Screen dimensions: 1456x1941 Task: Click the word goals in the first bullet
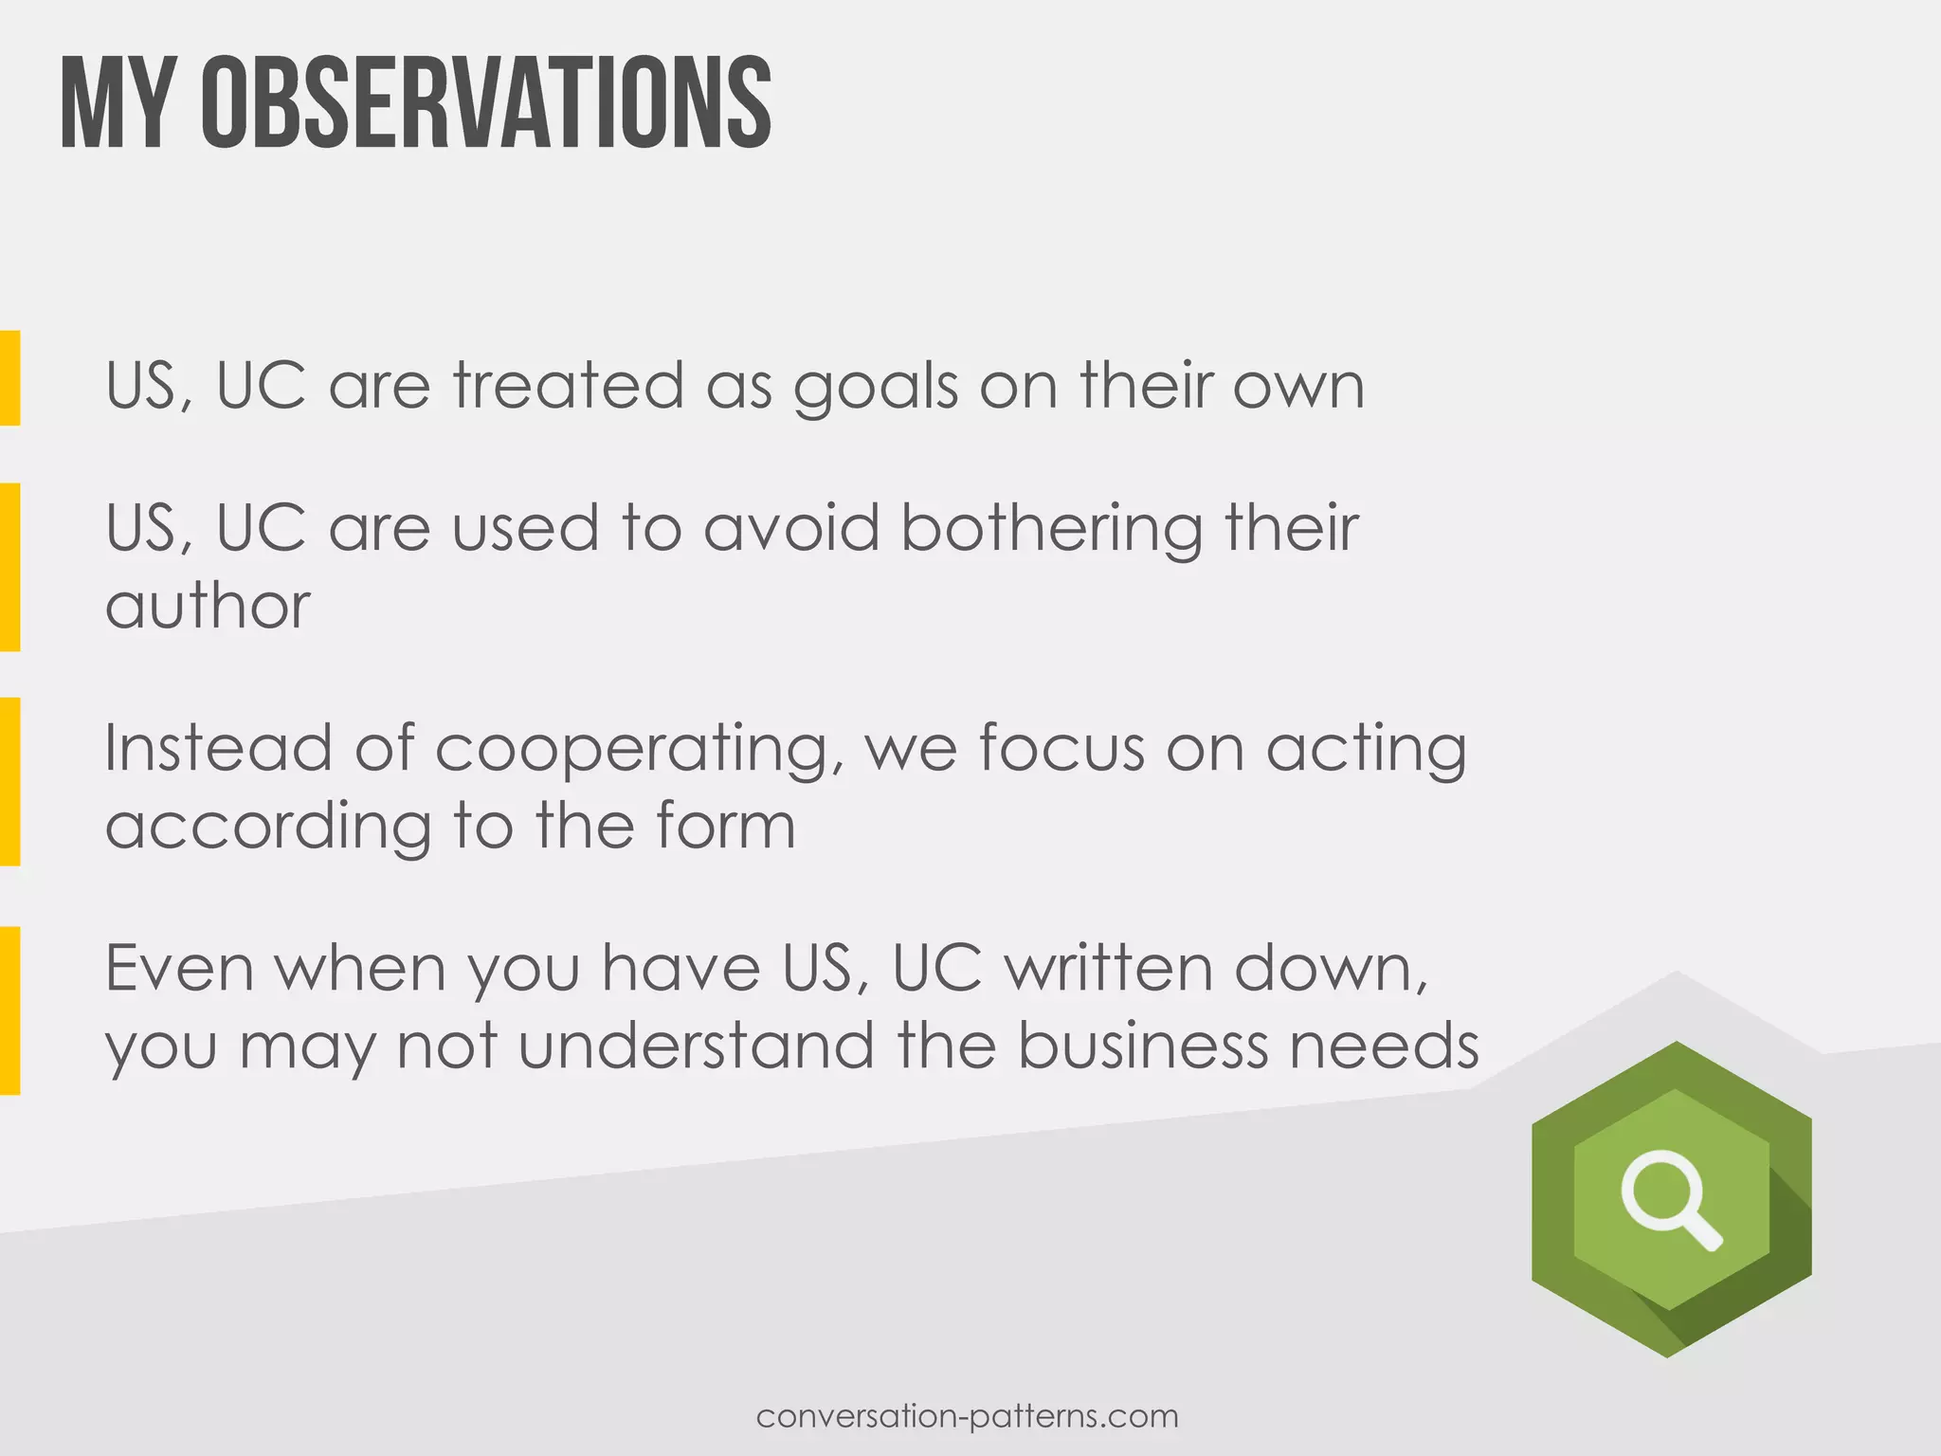point(876,389)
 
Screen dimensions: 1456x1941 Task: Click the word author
point(208,607)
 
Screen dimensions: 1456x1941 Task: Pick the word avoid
point(791,528)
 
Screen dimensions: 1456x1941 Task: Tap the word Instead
point(218,748)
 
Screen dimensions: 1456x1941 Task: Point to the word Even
point(180,968)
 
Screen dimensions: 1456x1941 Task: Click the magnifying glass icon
point(1671,1201)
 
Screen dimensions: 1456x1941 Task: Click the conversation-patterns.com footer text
point(968,1417)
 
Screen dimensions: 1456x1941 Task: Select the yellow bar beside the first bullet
point(9,377)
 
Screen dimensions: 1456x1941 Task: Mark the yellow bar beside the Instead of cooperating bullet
point(9,781)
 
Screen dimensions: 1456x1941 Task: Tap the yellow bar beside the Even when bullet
point(9,1010)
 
